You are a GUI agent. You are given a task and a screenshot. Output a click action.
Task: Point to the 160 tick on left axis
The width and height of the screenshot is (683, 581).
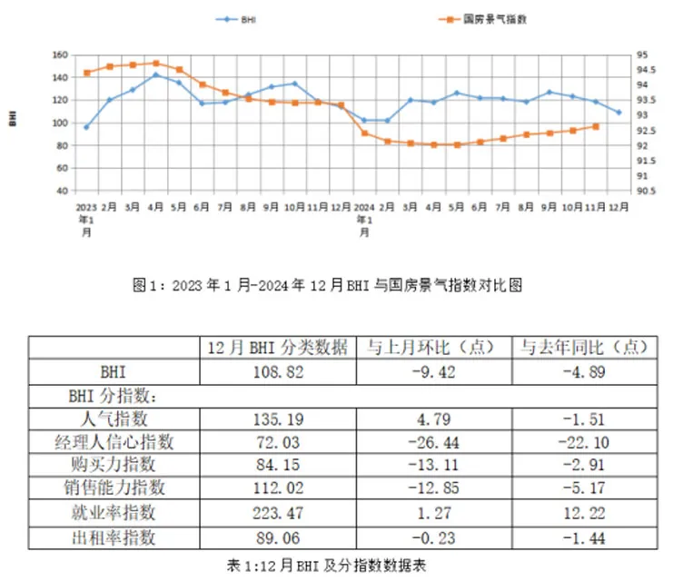pos(62,55)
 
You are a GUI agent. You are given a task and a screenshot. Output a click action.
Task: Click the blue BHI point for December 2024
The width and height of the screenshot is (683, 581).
pos(619,113)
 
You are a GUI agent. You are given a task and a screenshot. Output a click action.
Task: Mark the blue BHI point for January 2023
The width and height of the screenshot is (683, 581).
pos(86,127)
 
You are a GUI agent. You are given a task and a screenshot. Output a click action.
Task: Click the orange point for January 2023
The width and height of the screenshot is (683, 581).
pos(87,73)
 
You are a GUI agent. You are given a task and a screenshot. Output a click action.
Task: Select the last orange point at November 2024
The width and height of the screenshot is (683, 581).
pos(596,126)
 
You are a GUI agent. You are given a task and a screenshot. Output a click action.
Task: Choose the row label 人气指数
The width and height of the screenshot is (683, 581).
pos(114,419)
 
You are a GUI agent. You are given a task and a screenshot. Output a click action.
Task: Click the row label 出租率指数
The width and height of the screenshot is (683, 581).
pos(114,537)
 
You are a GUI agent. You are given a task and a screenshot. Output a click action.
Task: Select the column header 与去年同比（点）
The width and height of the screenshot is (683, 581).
pos(583,348)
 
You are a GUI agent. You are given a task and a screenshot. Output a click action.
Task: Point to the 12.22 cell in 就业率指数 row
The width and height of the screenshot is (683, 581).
pos(583,514)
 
